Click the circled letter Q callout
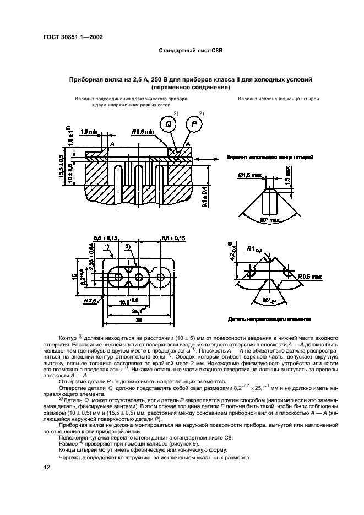[169, 124]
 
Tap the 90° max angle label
[270, 220]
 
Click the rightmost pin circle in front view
[162, 275]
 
